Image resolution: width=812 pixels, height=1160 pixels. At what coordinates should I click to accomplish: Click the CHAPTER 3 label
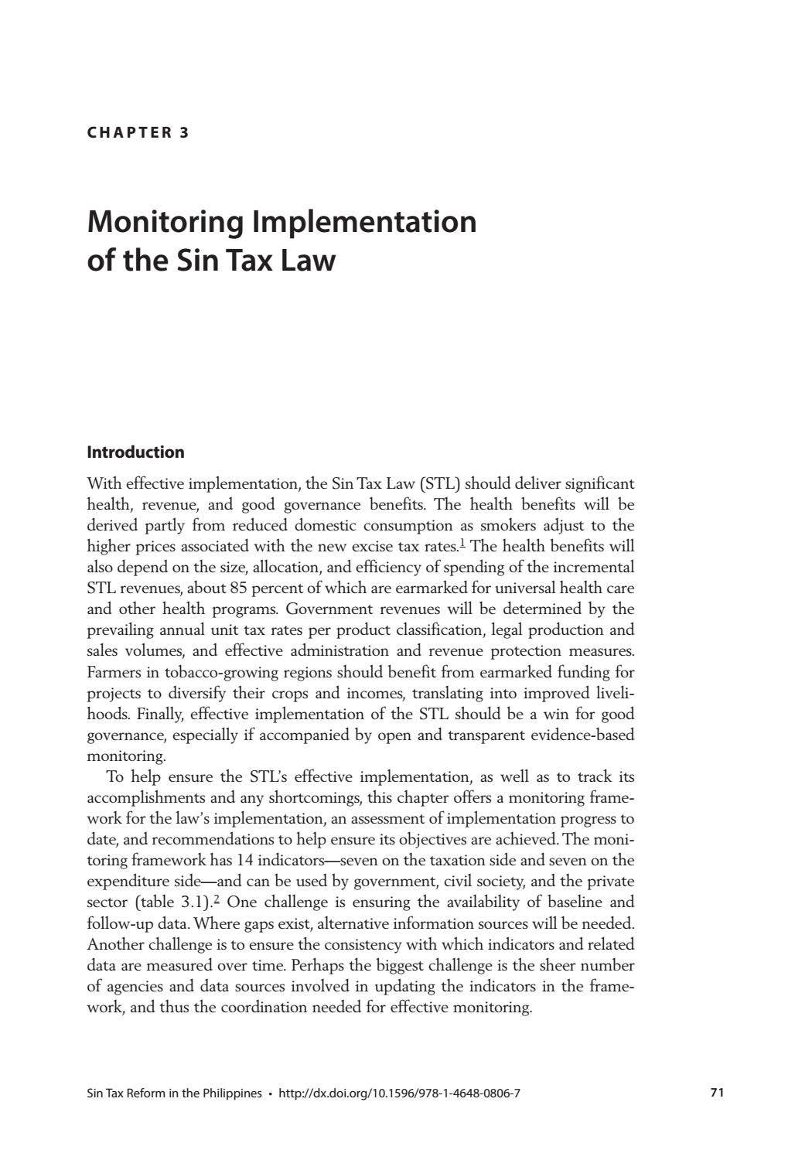(x=138, y=132)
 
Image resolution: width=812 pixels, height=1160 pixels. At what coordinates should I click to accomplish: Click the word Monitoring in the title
(x=165, y=222)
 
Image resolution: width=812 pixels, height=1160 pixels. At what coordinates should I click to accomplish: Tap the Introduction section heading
(x=135, y=452)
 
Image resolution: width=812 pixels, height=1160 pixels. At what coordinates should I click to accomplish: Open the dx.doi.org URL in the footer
(x=398, y=1093)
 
